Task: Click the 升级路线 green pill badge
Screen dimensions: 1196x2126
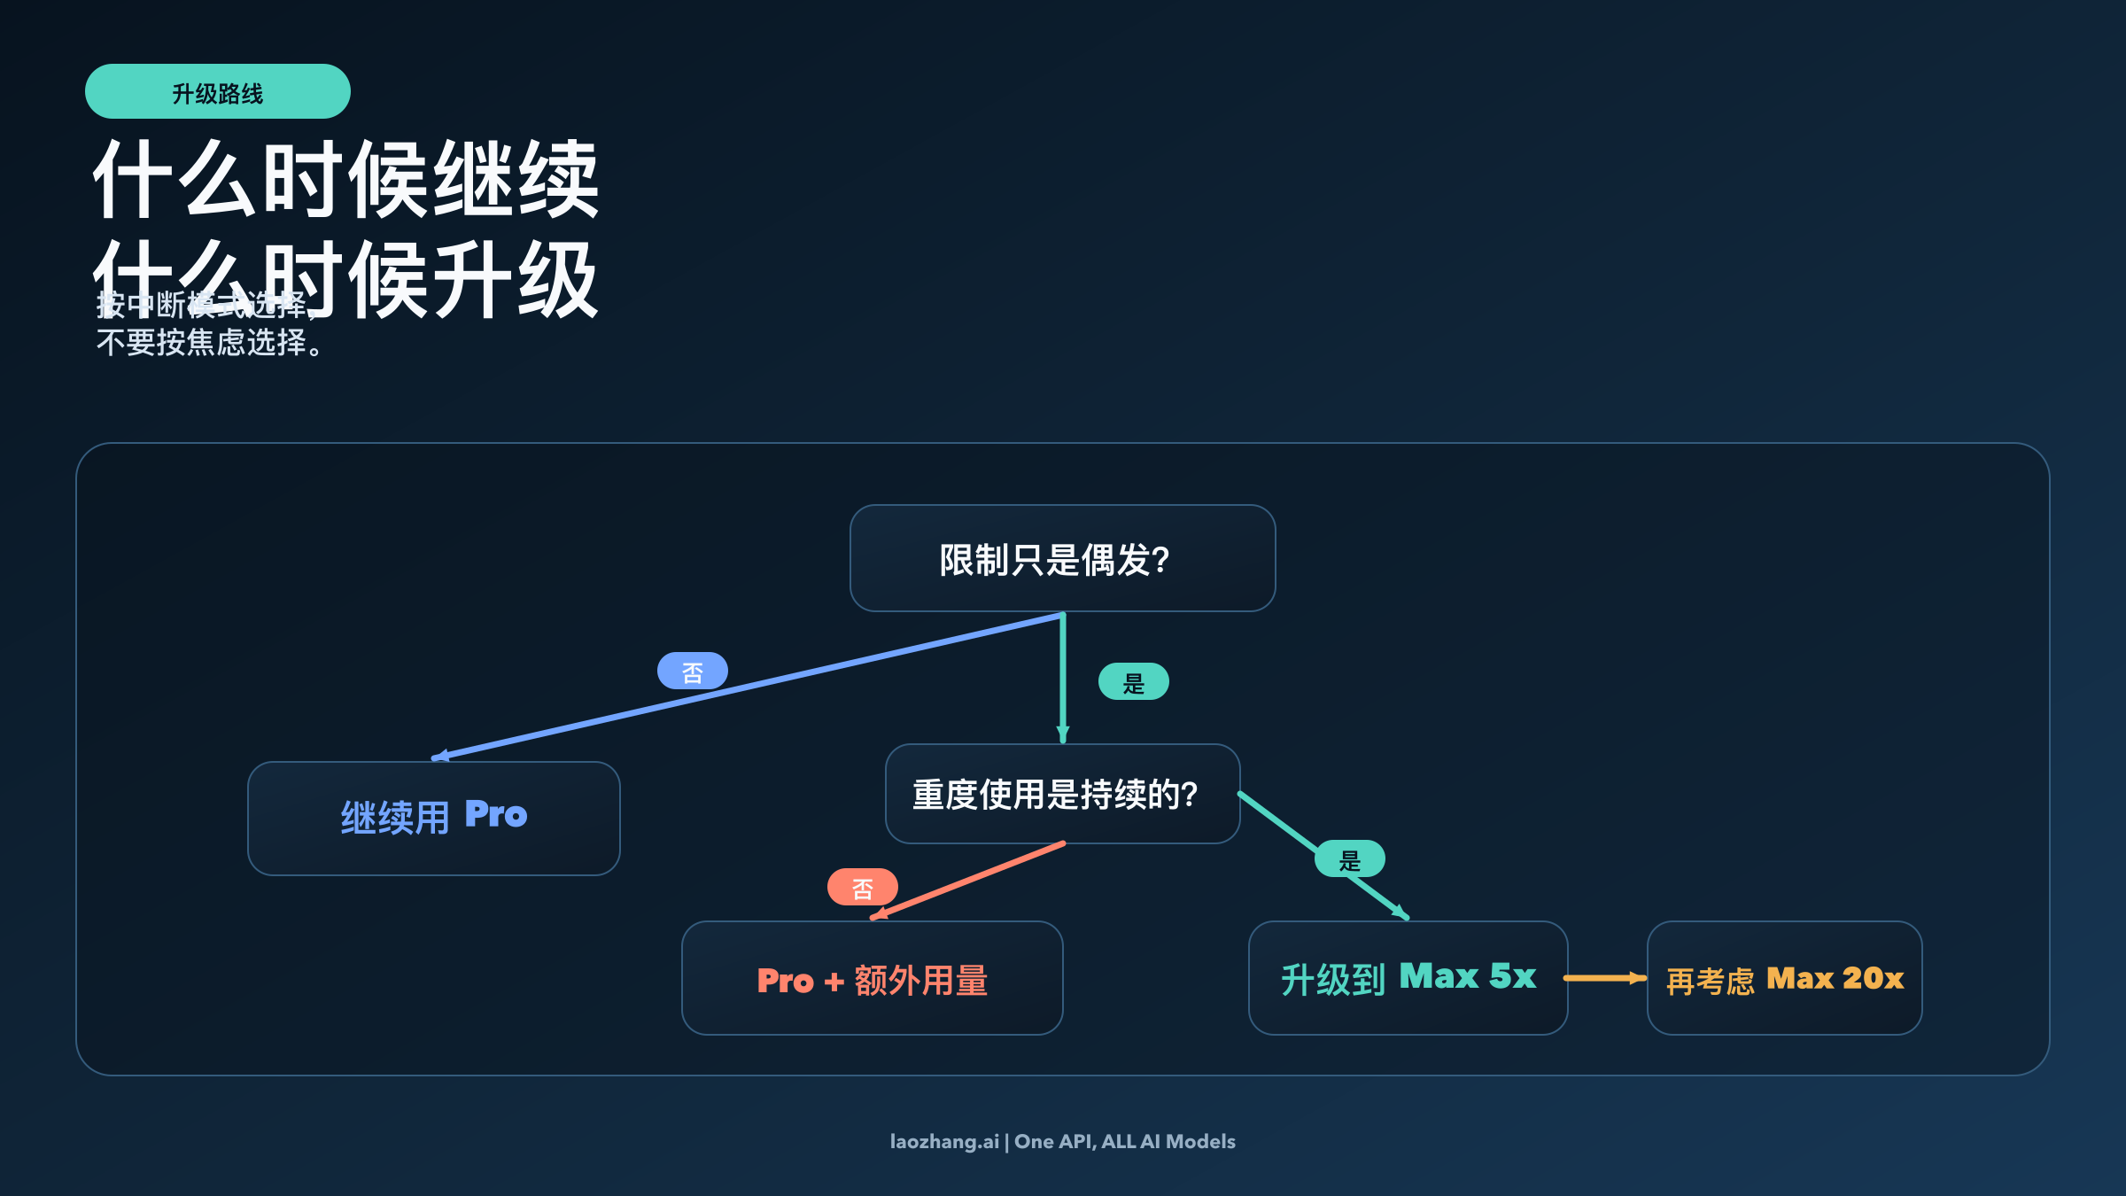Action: point(217,92)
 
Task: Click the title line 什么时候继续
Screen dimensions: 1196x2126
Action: point(345,180)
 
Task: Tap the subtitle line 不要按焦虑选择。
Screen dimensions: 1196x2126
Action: point(209,343)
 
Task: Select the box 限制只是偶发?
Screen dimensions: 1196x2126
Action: point(1062,559)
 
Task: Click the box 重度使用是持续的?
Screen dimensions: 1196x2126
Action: point(1062,794)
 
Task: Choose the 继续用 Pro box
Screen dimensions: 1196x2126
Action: point(433,818)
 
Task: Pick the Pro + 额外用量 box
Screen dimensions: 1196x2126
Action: point(872,979)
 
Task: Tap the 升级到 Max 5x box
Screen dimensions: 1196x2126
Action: point(1408,978)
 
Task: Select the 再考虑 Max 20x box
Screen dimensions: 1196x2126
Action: point(1784,978)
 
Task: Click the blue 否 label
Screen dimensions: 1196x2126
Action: point(692,672)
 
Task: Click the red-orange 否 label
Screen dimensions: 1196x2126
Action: point(862,888)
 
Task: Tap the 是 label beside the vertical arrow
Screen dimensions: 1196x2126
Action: point(1133,682)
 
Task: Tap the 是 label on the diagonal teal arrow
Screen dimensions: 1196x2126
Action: point(1349,859)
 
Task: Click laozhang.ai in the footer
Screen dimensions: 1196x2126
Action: point(943,1142)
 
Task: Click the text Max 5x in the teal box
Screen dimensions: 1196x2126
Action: point(1467,976)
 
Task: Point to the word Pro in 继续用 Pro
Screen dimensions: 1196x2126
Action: point(495,814)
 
